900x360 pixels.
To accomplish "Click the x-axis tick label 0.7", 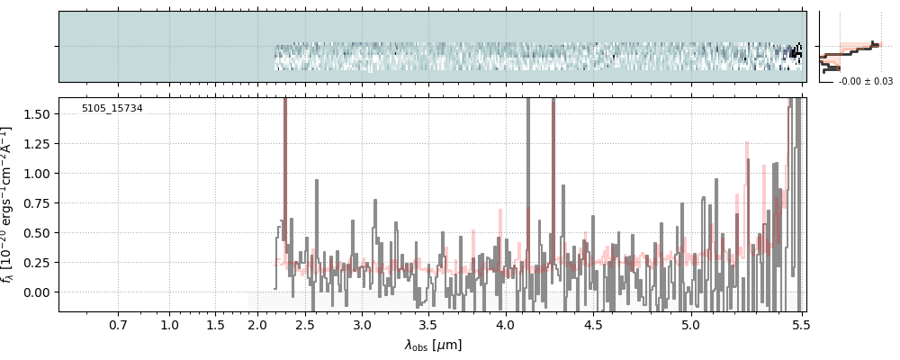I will pos(118,324).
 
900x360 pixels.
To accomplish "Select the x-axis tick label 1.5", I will pos(215,324).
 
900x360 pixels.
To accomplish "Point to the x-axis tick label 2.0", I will pos(258,324).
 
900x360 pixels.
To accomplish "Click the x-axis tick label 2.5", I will pos(307,324).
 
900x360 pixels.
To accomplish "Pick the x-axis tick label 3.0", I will pos(362,324).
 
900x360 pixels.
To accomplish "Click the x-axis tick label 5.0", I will pos(690,324).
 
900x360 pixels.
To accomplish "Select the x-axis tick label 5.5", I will pos(800,324).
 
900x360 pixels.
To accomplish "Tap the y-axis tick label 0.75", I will pos(37,202).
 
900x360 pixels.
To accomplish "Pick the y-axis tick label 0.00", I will pos(37,292).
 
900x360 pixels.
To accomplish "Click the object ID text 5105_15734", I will pos(112,109).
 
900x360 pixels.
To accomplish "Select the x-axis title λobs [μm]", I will pos(433,345).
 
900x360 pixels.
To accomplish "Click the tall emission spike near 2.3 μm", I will pos(285,162).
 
